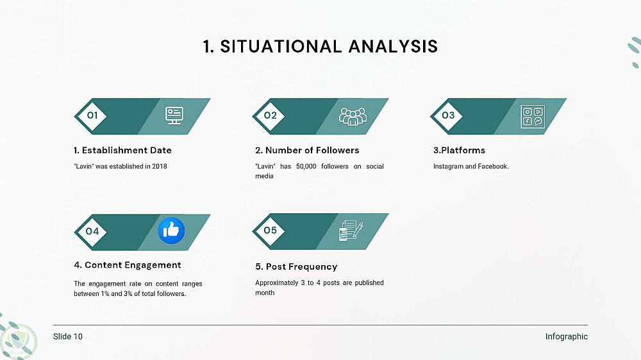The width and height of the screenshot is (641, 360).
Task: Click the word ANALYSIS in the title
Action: (x=393, y=46)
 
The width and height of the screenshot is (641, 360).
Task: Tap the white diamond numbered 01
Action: (x=92, y=116)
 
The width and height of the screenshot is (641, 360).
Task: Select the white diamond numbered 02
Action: (x=271, y=116)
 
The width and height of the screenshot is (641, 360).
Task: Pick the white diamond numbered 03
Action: (x=448, y=116)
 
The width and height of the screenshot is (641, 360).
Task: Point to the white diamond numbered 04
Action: (x=92, y=231)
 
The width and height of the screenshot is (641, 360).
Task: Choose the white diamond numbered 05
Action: (x=271, y=231)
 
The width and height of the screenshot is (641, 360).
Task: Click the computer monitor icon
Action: (x=174, y=116)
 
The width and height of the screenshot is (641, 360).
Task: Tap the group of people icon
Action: (x=353, y=117)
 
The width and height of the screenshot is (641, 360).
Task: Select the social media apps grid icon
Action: (x=533, y=117)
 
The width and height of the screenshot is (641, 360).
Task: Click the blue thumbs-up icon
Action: (x=171, y=231)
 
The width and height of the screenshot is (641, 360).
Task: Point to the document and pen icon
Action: (x=351, y=231)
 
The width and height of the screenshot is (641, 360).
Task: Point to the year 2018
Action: (x=160, y=167)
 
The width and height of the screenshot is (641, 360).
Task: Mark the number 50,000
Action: (x=306, y=167)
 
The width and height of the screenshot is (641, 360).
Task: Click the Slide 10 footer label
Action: (x=68, y=336)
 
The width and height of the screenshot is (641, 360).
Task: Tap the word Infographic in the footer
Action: (x=567, y=336)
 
